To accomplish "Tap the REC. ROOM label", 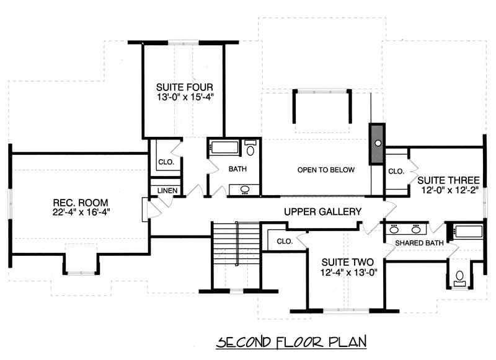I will (x=81, y=203).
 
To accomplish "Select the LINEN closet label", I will (x=164, y=190).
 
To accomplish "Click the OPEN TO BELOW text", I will (x=325, y=170).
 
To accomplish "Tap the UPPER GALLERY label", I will (x=322, y=212).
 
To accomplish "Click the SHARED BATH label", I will (x=419, y=243).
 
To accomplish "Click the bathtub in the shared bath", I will (x=468, y=232).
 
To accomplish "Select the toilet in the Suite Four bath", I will (x=250, y=149).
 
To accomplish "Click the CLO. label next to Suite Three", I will (x=396, y=171).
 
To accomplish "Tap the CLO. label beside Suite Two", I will (x=285, y=241).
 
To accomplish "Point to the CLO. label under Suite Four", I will (x=166, y=162).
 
